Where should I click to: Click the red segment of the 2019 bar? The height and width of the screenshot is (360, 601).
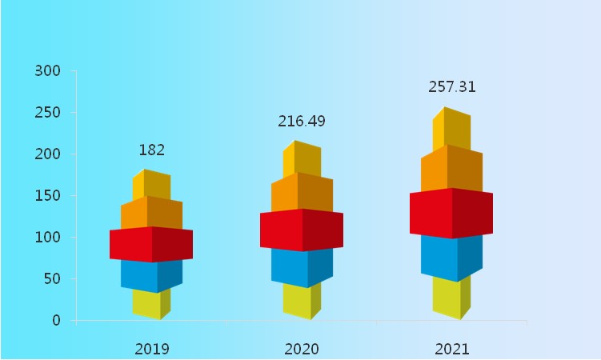pos(151,245)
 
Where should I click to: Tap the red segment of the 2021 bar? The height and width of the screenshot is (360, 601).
pos(451,213)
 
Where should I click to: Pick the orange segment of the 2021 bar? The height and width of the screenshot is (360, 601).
pos(451,169)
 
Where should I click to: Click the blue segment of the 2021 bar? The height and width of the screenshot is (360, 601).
pos(451,257)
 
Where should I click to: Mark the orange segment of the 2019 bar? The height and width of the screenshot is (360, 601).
pos(151,214)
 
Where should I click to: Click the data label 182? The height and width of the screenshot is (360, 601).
pos(152,150)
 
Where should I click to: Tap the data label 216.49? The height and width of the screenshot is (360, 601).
pos(302,122)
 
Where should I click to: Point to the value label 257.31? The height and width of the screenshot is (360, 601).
pos(452,87)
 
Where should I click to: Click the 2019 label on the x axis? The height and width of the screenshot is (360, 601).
pos(152,349)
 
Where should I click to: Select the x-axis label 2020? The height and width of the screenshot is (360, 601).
pos(302,349)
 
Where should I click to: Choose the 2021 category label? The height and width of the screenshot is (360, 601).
pos(452,349)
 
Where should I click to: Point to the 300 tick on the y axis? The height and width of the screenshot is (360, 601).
pos(48,71)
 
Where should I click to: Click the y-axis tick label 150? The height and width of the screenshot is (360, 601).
pos(48,196)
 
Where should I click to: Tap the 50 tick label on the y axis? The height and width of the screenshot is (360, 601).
pos(52,279)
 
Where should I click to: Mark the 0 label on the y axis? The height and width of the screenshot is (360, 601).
pos(56,321)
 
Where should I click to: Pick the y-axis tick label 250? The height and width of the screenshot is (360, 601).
pos(48,113)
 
